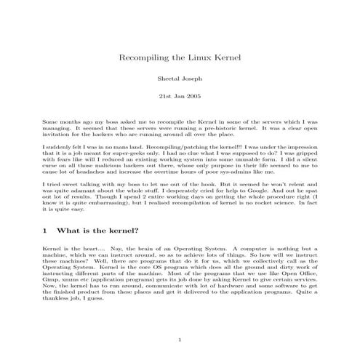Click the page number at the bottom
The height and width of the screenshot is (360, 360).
click(x=180, y=340)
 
